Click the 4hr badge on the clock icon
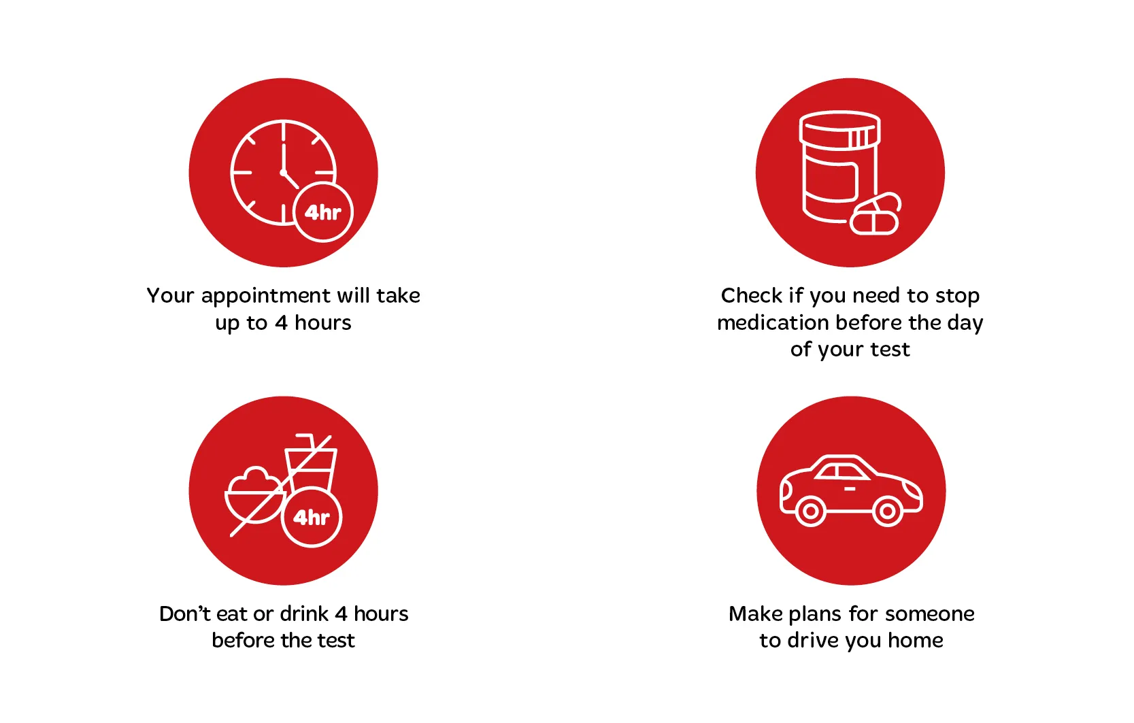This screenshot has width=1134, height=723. pyautogui.click(x=323, y=212)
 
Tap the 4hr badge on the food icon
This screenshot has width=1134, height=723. pyautogui.click(x=312, y=518)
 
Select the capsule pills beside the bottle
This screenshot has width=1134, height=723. pyautogui.click(x=875, y=215)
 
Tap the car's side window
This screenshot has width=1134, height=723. pyautogui.click(x=842, y=471)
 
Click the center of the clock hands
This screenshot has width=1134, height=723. pyautogui.click(x=283, y=172)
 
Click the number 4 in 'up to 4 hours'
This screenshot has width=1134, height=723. pyautogui.click(x=281, y=323)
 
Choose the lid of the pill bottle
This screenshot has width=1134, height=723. pyautogui.click(x=839, y=128)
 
